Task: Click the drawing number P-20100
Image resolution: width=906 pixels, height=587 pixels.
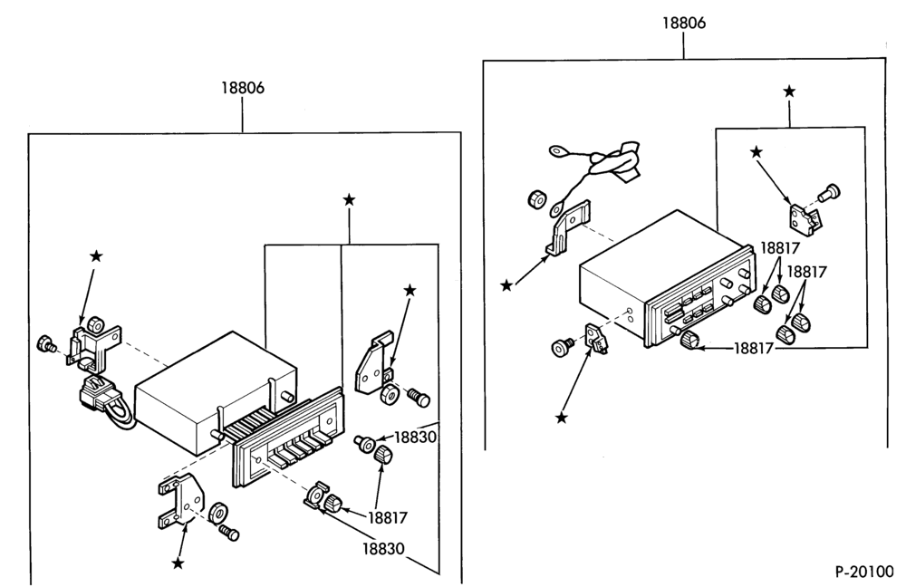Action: click(x=863, y=572)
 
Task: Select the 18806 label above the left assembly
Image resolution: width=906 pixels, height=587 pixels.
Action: click(x=243, y=88)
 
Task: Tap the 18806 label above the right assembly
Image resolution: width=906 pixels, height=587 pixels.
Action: click(x=684, y=24)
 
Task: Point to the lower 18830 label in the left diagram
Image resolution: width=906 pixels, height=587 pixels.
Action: click(x=383, y=548)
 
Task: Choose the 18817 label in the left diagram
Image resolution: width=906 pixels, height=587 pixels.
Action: click(x=388, y=517)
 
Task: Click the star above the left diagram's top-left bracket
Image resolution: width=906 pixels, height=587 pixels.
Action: click(x=96, y=256)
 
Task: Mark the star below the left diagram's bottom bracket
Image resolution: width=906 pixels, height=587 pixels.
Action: click(x=178, y=563)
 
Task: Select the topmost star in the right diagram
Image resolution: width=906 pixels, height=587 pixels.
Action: click(x=789, y=91)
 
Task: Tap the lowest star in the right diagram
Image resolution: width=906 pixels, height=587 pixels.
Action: click(x=561, y=417)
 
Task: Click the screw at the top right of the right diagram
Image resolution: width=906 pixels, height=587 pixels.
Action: click(x=831, y=192)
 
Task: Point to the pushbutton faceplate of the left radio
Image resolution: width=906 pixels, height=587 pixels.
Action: click(x=287, y=438)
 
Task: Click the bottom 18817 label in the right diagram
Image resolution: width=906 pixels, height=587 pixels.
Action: click(x=754, y=349)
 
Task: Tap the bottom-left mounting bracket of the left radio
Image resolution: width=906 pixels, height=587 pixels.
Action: click(x=181, y=500)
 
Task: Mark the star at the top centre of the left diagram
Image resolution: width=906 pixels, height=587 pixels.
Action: click(x=349, y=200)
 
